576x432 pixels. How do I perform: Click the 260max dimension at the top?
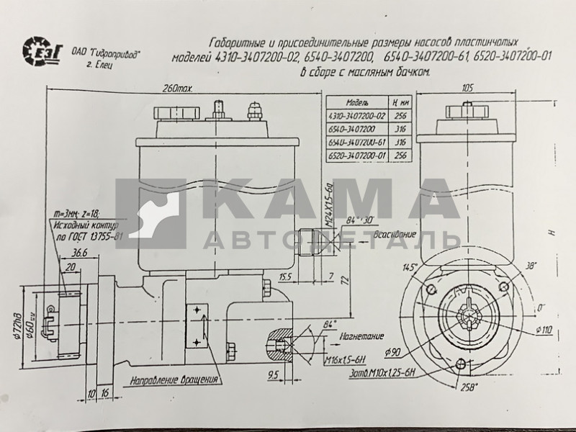179,89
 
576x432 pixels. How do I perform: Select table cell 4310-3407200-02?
356,115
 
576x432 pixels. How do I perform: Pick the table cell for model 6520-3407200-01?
356,153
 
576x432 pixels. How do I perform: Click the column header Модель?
357,103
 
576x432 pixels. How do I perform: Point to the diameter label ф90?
393,352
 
